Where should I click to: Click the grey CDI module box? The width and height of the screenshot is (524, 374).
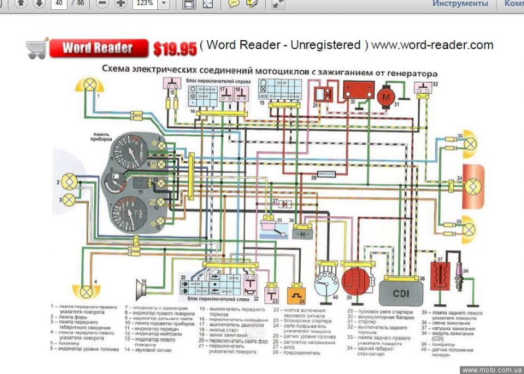[x=401, y=288]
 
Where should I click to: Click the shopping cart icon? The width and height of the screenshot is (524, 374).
[x=36, y=48]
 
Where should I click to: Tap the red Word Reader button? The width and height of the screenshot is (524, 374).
[x=98, y=48]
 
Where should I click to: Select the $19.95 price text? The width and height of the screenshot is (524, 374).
[x=175, y=49]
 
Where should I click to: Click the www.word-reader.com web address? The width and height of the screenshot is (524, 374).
[x=432, y=45]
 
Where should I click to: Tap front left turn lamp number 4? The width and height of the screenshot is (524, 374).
[x=86, y=291]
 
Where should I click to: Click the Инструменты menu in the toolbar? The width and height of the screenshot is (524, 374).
[x=460, y=4]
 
